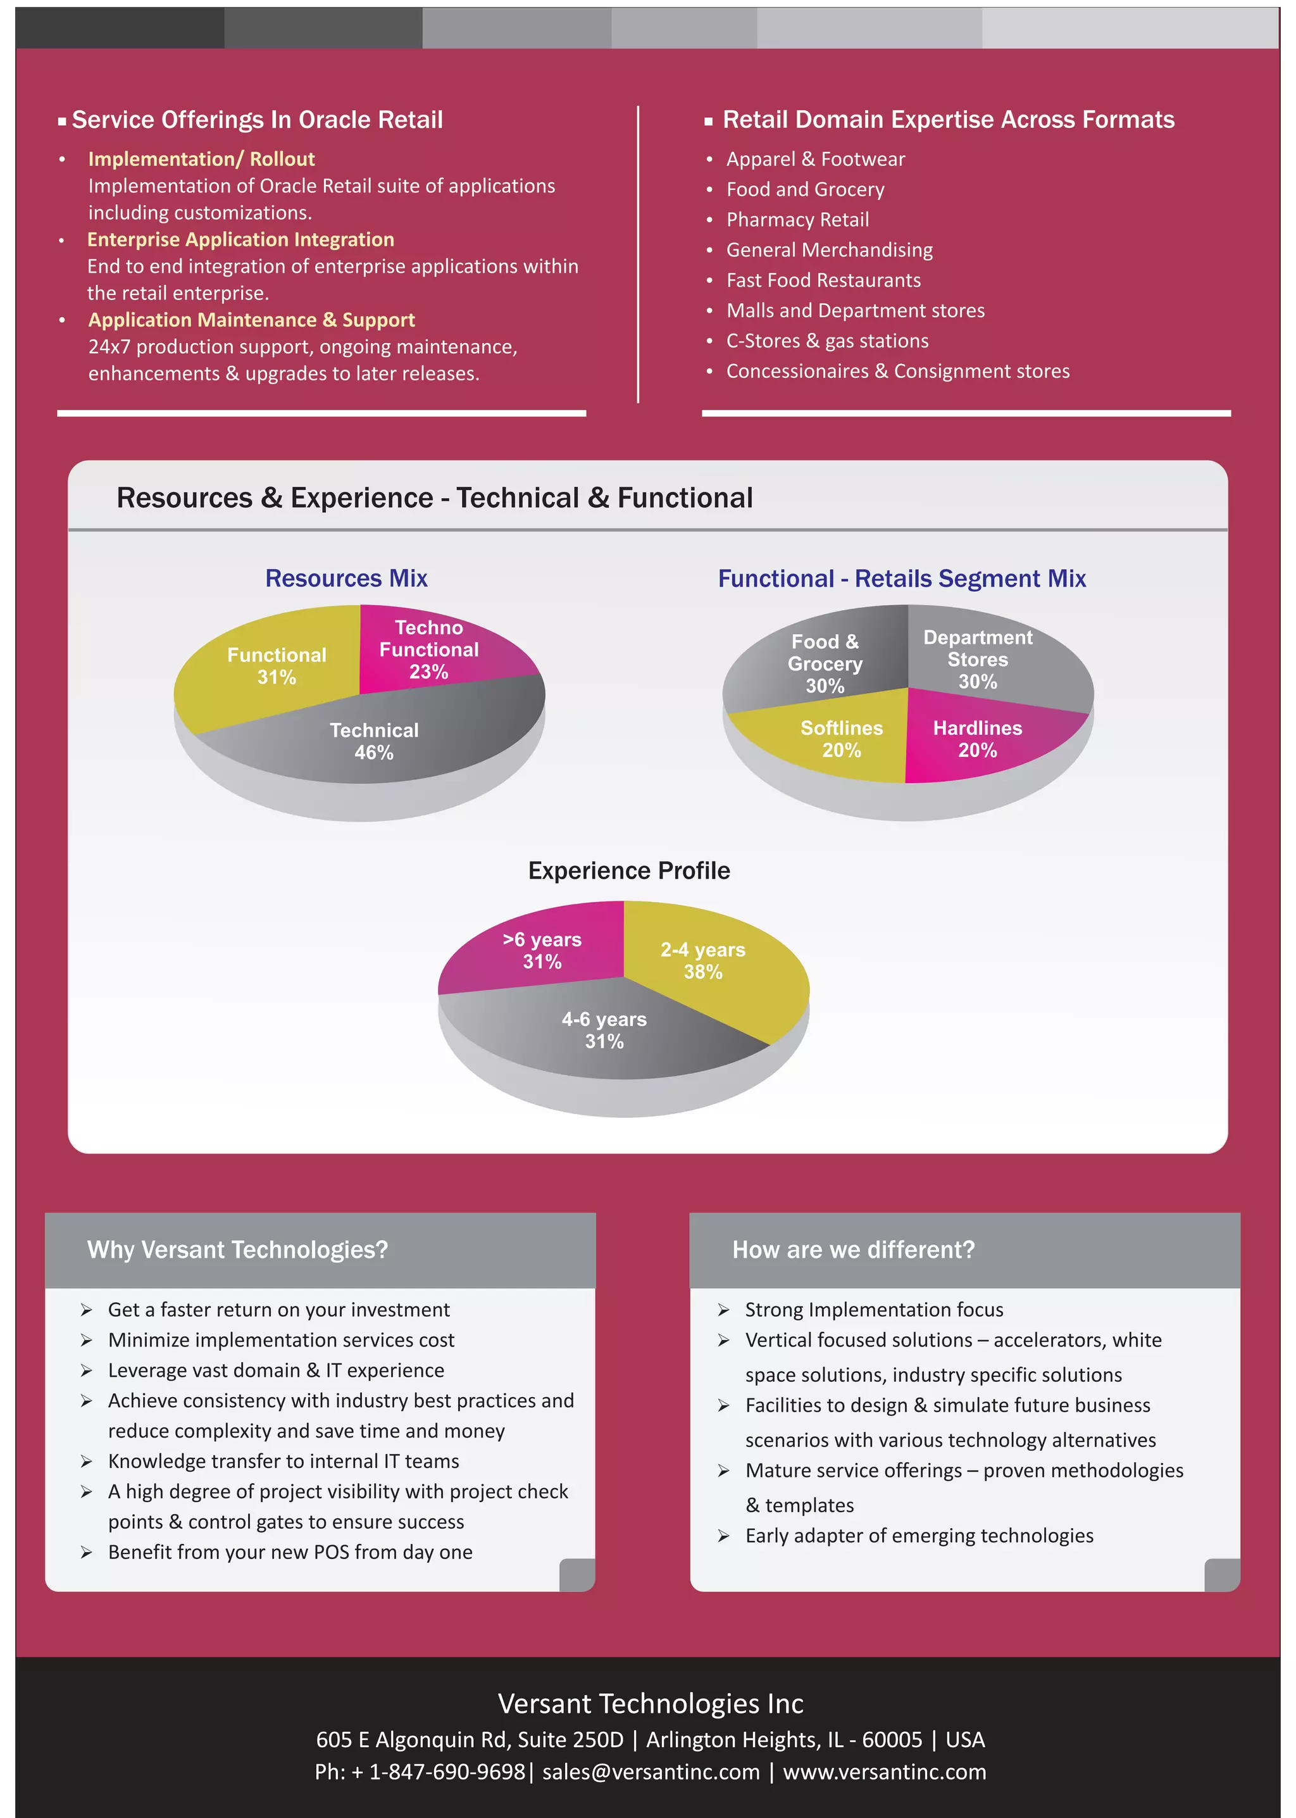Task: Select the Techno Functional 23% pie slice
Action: [x=429, y=649]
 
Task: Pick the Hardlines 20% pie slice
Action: [x=978, y=738]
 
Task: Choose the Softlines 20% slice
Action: [x=841, y=738]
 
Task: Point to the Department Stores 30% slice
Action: [x=978, y=659]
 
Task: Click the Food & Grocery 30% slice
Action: [x=825, y=663]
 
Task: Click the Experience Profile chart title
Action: [x=629, y=870]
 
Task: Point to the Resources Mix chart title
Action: [x=346, y=578]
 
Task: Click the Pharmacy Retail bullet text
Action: [x=797, y=220]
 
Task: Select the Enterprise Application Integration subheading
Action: [x=240, y=239]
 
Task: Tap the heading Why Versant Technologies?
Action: [x=237, y=1249]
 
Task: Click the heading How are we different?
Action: [x=853, y=1249]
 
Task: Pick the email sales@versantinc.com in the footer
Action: [x=651, y=1772]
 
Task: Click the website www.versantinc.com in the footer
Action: [x=884, y=1772]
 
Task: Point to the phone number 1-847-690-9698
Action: [x=446, y=1772]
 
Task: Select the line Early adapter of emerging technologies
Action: [x=919, y=1536]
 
